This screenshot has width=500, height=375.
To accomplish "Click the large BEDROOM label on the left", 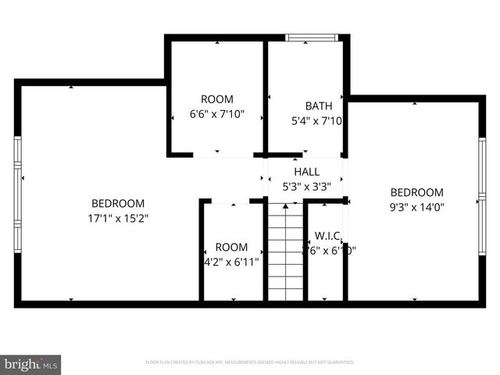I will [x=118, y=203].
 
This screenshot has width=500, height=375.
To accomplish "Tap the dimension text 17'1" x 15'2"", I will [x=118, y=218].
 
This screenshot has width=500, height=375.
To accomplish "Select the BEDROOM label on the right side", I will [x=416, y=192].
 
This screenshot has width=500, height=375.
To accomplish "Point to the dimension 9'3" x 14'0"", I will [x=416, y=208].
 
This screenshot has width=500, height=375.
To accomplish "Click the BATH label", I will [x=318, y=105].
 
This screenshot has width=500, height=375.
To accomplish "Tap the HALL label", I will [x=306, y=172].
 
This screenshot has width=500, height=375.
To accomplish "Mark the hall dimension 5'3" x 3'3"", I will [x=306, y=187].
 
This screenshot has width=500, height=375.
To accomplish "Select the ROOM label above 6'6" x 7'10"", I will [x=217, y=98].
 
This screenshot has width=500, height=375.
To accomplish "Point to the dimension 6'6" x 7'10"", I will [x=217, y=114].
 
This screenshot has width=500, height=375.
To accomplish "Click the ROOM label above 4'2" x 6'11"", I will [x=231, y=246].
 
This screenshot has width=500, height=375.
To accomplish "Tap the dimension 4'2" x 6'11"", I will [x=231, y=262].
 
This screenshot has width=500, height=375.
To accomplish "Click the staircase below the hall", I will [x=285, y=250].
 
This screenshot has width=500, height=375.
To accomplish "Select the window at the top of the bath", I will [x=311, y=37].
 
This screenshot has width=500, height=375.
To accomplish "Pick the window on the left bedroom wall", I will [x=17, y=194].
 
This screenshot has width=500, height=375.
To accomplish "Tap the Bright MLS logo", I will [x=31, y=364].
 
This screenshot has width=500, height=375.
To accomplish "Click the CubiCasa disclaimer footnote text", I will [x=250, y=362].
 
